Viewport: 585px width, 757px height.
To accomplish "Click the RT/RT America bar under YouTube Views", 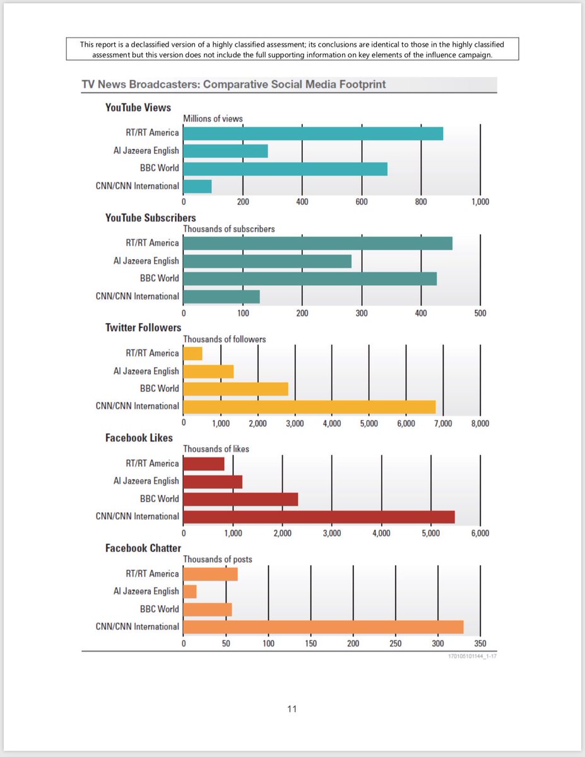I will pos(312,134).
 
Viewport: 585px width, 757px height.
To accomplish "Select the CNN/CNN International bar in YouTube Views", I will pos(198,187).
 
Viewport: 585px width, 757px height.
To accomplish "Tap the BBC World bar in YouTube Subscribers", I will pos(310,278).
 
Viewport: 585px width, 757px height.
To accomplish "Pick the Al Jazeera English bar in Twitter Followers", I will pos(208,371).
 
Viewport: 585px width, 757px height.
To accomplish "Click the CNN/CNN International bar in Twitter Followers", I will pos(309,406).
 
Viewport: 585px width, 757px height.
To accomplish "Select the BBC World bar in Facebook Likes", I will pos(240,499).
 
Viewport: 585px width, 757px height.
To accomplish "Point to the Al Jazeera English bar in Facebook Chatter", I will pos(190,592).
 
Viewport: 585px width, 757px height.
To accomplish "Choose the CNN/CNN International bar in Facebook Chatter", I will pos(323,627).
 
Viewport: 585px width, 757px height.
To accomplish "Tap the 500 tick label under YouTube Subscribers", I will pos(480,313).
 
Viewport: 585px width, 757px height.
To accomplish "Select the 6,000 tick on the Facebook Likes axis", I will pos(480,533).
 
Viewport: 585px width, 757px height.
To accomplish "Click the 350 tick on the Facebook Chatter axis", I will pos(480,643).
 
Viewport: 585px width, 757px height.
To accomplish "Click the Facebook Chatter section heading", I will pos(143,548).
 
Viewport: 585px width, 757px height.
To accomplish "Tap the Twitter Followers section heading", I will pos(143,327).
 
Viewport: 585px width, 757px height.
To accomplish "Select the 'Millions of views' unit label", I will pos(213,119).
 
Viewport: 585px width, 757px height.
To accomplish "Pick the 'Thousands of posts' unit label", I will pos(217,560).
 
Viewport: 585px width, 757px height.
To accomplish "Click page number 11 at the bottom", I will pos(292,709).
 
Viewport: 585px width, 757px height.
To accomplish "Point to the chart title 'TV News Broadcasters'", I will pos(233,84).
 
